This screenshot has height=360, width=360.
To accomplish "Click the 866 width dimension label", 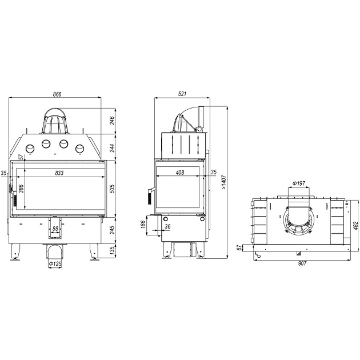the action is point(57,94).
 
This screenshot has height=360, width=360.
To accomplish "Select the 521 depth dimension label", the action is point(182,94).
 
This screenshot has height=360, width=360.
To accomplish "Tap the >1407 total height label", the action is point(224,182).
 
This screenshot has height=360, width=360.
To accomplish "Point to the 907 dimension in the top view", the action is point(302,263).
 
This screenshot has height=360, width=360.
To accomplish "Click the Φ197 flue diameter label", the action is point(299,183).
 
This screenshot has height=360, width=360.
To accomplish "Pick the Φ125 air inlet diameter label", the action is point(55,264).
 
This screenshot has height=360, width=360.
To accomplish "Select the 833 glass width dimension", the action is point(59,173).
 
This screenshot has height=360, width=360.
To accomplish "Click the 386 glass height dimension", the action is point(21,189).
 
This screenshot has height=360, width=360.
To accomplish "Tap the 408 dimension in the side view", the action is point(180,173).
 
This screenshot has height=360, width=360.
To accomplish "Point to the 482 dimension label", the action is point(355,226).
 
